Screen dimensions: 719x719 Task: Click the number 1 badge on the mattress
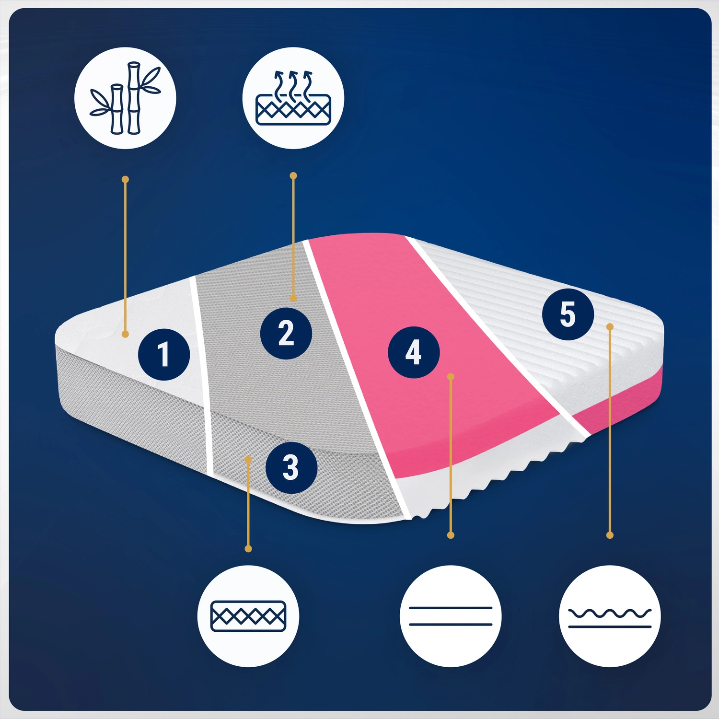[x=164, y=355]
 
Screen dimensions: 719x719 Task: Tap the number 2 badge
[x=286, y=333]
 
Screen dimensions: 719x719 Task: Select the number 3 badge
[x=291, y=467]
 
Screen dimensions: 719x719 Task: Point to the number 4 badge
[x=414, y=352]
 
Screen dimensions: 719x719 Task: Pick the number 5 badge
[x=568, y=314]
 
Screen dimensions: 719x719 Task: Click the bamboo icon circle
[x=125, y=98]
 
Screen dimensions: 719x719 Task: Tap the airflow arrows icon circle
[x=293, y=98]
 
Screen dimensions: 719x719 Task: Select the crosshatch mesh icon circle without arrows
[x=248, y=616]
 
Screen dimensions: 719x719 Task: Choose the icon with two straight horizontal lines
[x=451, y=616]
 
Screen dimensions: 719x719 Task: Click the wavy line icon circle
[x=610, y=616]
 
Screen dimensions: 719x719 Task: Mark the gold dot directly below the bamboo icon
[x=125, y=179]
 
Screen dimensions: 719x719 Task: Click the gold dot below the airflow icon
[x=293, y=176]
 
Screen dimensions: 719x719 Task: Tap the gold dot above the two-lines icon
[x=451, y=535]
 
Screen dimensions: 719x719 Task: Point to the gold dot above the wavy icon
[x=610, y=535]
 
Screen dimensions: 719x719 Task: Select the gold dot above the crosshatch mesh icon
[x=248, y=548]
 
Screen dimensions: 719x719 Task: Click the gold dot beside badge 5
[x=610, y=326]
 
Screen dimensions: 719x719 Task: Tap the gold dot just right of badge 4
[x=451, y=377]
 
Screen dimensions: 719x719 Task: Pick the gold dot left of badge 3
[x=248, y=459]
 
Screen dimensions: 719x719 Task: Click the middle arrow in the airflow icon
[x=293, y=82]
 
